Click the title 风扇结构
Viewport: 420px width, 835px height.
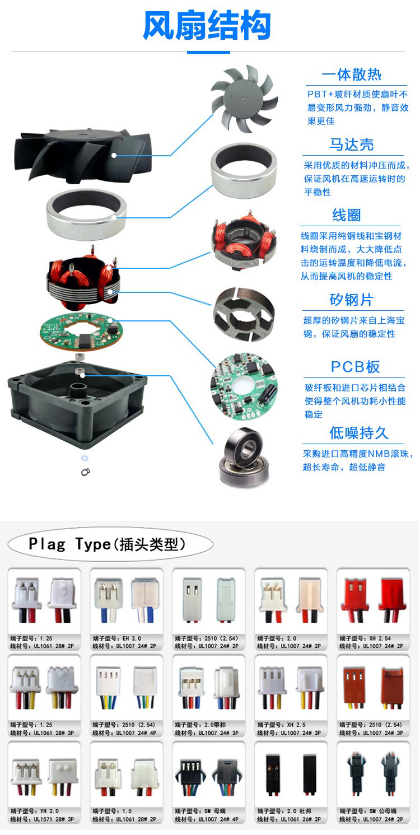[x=207, y=26]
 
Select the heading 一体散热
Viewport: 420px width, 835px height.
[x=352, y=75]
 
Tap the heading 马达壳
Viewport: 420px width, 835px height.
[x=352, y=145]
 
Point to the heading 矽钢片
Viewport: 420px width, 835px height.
[x=352, y=300]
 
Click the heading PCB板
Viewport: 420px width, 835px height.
[x=355, y=367]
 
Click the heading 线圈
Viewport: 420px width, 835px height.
[x=347, y=216]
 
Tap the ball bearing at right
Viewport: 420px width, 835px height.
[x=244, y=457]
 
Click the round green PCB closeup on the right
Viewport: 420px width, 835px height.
[x=244, y=385]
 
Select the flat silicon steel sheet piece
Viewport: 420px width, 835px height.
[x=244, y=314]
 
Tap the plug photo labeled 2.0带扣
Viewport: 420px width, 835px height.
[x=209, y=688]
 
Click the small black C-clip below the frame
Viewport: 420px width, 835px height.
[x=85, y=472]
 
